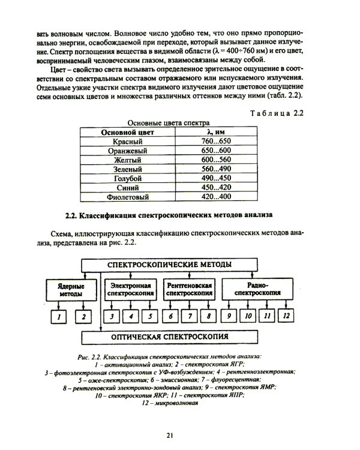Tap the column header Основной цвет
(127, 131)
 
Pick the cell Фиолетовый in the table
(127, 196)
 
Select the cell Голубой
(127, 178)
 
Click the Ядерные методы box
(71, 290)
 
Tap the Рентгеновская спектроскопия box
(190, 290)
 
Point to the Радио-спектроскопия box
(259, 290)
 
